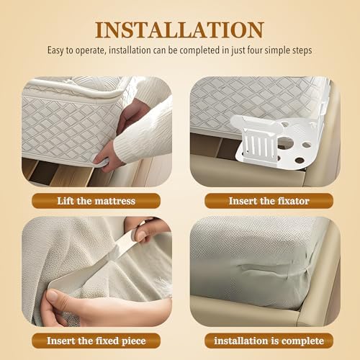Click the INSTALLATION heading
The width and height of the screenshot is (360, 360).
point(179,30)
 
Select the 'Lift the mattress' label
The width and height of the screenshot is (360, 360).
point(96,201)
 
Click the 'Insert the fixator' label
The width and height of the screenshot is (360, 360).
point(269,201)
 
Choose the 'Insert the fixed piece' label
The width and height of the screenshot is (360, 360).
point(96,341)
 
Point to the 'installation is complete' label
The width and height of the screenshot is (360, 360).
point(269,341)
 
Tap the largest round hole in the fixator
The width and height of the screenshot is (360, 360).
point(286,143)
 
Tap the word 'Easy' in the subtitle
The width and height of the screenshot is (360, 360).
point(56,50)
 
